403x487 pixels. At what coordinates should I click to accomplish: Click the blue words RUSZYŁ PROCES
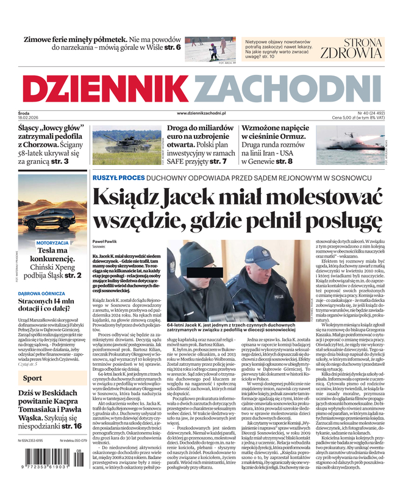pos(119,178)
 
